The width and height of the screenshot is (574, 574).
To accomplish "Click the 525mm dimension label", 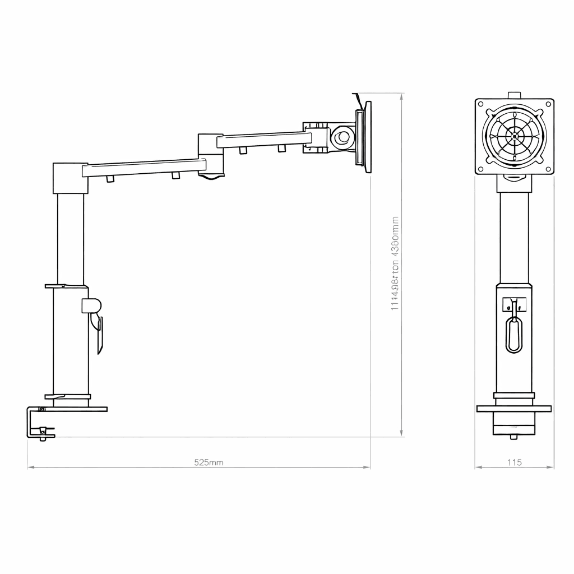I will click(209, 462).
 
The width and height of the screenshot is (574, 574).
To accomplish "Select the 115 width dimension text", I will click(514, 462).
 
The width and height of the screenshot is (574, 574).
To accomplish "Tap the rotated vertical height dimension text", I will click(395, 263).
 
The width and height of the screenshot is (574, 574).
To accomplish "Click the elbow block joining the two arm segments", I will click(211, 154).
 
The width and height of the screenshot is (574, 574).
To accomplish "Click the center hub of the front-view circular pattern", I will click(514, 136).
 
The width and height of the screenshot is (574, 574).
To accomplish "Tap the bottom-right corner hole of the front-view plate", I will click(548, 169).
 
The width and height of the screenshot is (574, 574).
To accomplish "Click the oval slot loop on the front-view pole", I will click(513, 335).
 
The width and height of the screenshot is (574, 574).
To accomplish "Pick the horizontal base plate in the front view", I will click(513, 409).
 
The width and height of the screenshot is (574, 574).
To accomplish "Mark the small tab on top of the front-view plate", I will click(513, 95).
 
